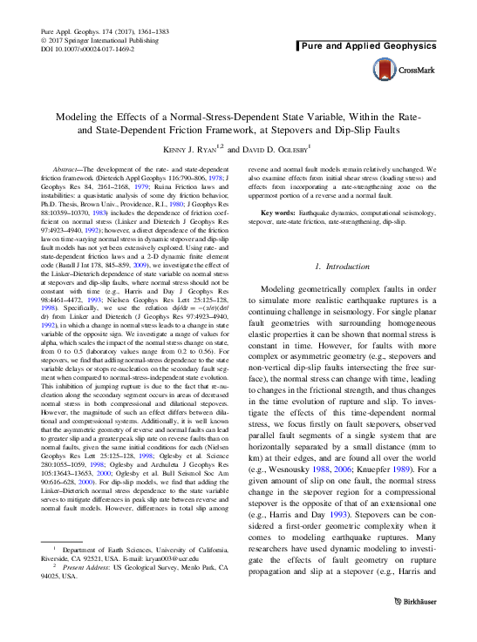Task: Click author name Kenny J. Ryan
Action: [191, 149]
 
